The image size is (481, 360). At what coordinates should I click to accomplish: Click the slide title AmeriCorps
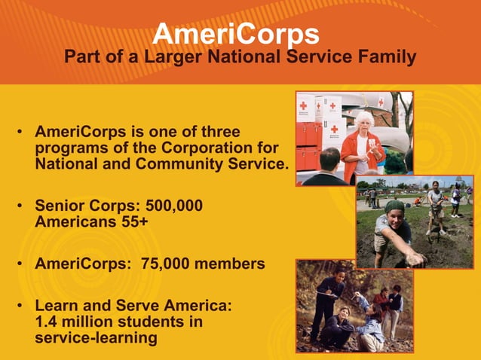pyautogui.click(x=235, y=34)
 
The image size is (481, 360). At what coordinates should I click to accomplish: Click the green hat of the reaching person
pyautogui.click(x=395, y=206)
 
